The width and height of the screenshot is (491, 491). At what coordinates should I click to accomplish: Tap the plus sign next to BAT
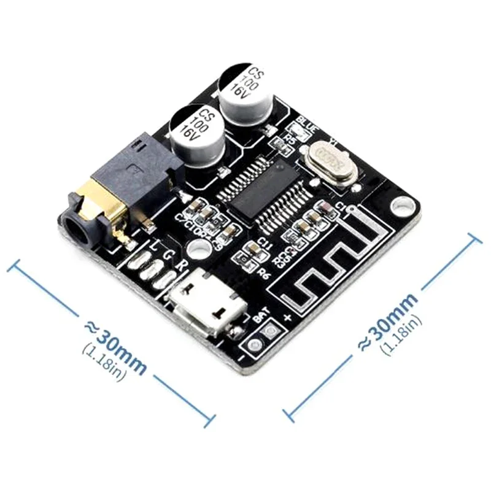(x=288, y=317)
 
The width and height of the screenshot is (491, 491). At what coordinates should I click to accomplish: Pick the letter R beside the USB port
(x=179, y=266)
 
